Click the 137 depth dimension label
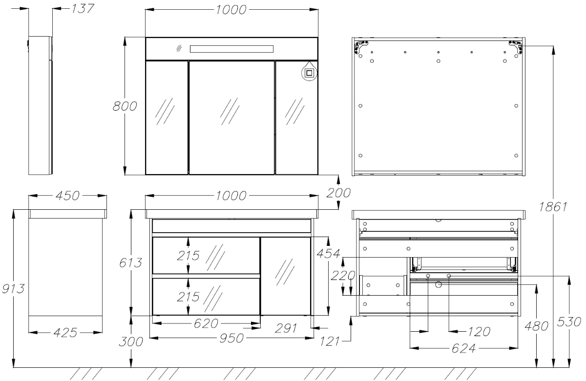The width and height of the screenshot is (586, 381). click(x=83, y=9)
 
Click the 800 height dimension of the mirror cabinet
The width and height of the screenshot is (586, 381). click(x=125, y=106)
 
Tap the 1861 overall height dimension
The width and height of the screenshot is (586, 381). click(x=553, y=207)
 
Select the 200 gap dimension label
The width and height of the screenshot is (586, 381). click(x=338, y=193)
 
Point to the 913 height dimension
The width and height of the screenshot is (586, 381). click(x=13, y=289)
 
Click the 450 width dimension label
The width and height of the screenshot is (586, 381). click(x=67, y=196)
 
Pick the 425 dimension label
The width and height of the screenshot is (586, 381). click(x=65, y=333)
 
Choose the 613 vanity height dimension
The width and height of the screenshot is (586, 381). click(x=130, y=262)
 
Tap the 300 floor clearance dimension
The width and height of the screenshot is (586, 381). click(x=131, y=342)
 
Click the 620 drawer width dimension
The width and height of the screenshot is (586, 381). click(x=206, y=324)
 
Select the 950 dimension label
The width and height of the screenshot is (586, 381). click(x=231, y=339)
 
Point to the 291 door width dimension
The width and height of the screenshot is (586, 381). click(x=286, y=328)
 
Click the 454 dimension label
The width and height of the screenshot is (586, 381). click(x=328, y=254)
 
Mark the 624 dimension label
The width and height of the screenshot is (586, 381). click(x=463, y=349)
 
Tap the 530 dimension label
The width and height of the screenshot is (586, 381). click(x=569, y=322)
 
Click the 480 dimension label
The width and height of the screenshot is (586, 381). click(x=536, y=326)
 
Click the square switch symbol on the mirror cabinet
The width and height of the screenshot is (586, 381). click(x=309, y=73)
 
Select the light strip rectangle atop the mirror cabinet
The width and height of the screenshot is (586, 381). click(x=231, y=49)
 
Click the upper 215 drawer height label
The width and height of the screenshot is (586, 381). click(x=188, y=256)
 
